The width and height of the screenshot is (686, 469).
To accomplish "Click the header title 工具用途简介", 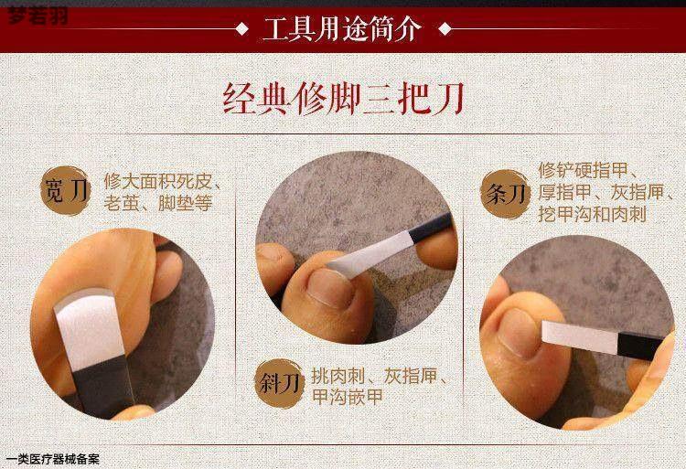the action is point(342,29).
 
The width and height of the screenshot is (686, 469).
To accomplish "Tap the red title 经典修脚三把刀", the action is point(343,99).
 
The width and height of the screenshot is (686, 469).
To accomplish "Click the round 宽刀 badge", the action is point(66,190).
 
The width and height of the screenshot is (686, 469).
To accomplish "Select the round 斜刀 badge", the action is point(280,383).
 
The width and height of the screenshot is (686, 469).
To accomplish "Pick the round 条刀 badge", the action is point(505,194).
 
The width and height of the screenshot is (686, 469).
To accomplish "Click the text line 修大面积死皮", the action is point(158,182).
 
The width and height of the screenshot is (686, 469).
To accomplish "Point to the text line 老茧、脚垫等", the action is point(158,204).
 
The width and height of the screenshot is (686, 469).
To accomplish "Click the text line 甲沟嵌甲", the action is point(348,397).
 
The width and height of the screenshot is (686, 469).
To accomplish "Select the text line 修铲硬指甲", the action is point(584,170).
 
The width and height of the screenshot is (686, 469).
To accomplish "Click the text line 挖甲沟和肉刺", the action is point(593,214).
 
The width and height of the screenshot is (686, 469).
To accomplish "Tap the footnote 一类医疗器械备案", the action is point(53,459).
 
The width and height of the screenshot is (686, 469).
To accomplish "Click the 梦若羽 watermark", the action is point(38,16).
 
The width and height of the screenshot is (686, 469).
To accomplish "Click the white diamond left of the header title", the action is point(241,29).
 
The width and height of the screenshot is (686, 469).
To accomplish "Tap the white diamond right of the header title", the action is point(445,29).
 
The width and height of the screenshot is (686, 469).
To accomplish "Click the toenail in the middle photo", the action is point(330,287).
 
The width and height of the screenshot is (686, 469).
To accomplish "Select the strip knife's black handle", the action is point(639,346).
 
